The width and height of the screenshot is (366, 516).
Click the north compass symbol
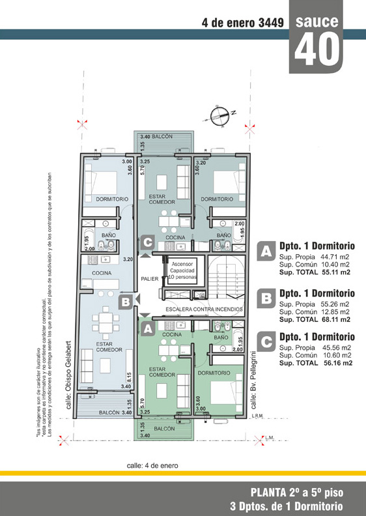pos(219,115)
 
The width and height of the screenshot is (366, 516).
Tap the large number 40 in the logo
pos(317,50)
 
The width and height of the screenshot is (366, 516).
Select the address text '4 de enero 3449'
pos(243,23)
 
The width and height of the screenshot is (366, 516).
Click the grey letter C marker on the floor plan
pos(147,243)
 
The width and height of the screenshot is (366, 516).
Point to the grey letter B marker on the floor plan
pos(126,302)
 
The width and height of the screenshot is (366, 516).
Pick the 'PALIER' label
pos(150,279)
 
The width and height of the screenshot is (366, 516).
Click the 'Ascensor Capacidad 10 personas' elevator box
pos(182,270)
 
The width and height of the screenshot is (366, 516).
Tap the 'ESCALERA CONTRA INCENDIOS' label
pos(204,309)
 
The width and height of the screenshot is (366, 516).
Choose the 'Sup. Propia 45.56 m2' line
pos(315,347)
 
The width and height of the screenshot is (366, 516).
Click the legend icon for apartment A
pos(266,251)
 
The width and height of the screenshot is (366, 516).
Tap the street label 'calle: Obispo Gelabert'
pos(68,375)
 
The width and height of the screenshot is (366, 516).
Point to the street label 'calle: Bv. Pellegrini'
pos(254,380)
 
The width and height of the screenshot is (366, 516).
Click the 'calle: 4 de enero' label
pos(152,466)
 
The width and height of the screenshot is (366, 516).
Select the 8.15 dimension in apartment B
pos(129,377)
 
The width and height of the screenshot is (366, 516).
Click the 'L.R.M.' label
pos(258,416)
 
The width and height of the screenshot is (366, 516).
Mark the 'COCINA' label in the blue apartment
pos(102,273)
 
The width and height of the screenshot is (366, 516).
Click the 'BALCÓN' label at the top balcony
pos(162,136)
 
